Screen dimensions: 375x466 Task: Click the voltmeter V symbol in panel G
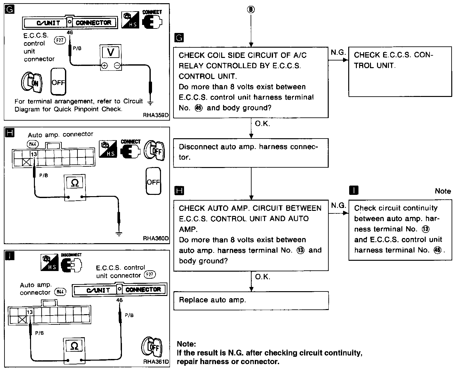[111, 52]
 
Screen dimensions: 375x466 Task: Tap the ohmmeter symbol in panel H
[75, 183]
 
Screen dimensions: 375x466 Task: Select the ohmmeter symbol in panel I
[74, 346]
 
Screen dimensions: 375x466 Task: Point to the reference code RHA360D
[156, 238]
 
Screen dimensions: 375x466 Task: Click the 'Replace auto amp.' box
[251, 300]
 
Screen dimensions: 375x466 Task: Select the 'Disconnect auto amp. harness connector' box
[251, 152]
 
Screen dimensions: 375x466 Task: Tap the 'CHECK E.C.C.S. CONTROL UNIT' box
[400, 71]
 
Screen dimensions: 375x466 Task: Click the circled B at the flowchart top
[251, 10]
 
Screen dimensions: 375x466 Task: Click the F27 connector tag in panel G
[60, 40]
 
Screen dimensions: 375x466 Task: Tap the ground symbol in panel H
[119, 234]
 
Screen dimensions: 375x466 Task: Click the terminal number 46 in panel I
[119, 300]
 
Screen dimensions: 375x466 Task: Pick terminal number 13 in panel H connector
[34, 154]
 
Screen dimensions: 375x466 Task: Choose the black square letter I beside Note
[353, 191]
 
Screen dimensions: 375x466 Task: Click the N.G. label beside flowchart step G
[338, 52]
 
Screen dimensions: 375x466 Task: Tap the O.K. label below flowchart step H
[263, 277]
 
